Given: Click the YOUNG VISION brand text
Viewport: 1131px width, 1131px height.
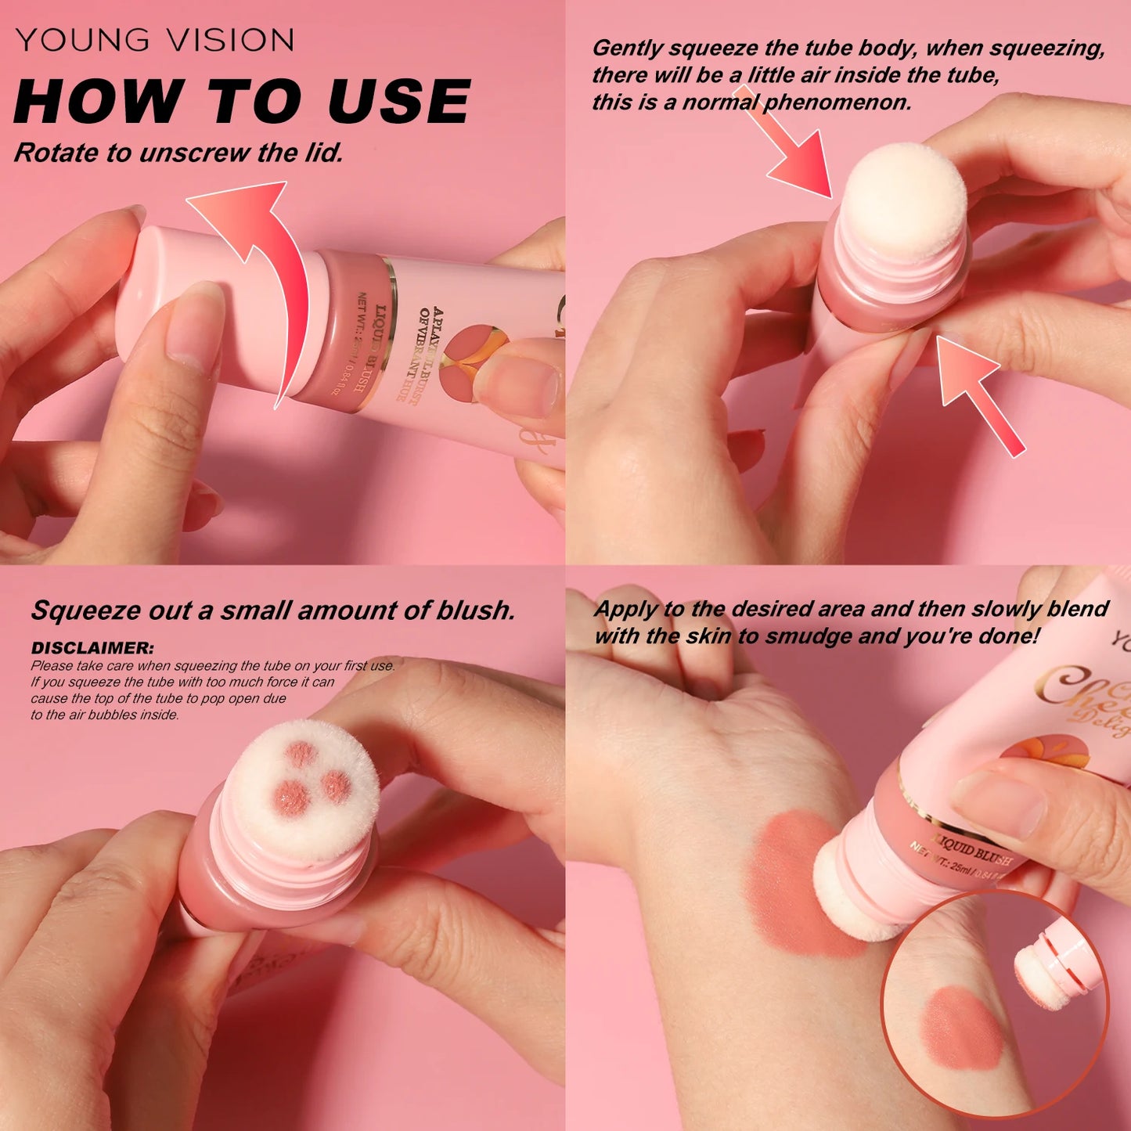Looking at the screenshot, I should [x=155, y=40].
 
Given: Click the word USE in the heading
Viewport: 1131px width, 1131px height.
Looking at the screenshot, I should [x=399, y=102].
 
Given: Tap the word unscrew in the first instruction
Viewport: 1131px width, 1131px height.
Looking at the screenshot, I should [x=195, y=153].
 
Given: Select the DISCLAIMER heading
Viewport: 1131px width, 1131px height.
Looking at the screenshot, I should [x=92, y=648].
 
